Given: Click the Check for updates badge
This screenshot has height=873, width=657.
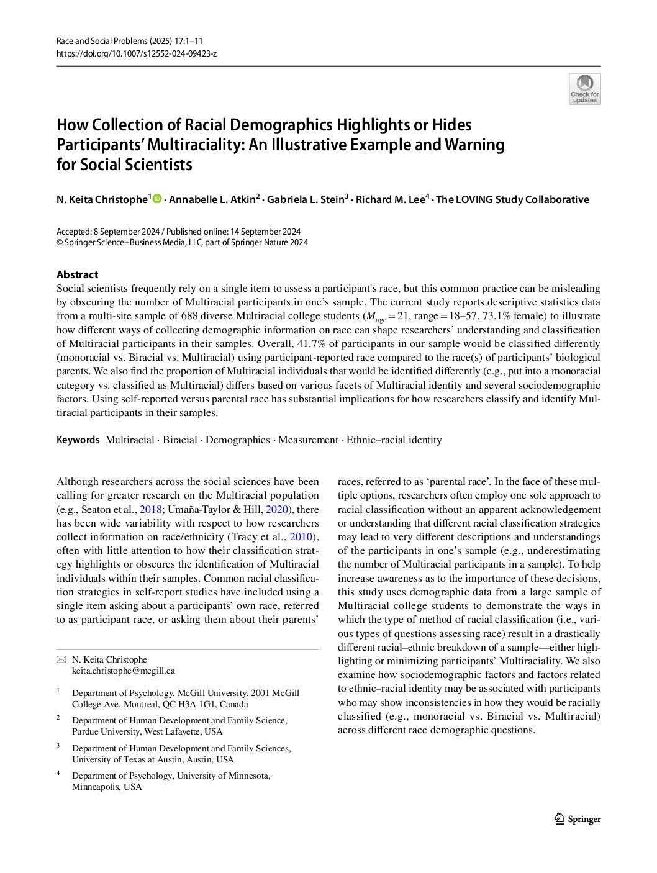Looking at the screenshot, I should pos(584,89).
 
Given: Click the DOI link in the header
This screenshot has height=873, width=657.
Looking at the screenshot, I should pos(136,53).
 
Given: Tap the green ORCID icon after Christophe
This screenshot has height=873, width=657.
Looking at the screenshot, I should pos(157,199).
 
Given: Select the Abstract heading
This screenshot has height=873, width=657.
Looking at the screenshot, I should pos(77,274).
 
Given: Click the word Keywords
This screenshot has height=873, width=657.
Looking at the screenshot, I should pos(78,440).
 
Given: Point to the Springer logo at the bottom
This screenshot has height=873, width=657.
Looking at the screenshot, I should pos(578,819).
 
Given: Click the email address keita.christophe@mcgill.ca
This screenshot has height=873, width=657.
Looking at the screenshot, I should pos(123,671).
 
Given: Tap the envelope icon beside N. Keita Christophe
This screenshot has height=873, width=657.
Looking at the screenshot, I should pos(60,659).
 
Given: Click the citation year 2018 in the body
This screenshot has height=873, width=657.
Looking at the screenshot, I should pos(150,509).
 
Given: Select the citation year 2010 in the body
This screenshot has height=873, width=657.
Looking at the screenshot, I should pos(301,536).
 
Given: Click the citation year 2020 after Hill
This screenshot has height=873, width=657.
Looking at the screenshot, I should pos(276,509).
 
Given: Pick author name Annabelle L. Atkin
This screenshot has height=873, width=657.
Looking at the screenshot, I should pos(212,199).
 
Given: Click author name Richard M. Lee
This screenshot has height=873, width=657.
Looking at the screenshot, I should pos(391,199).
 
